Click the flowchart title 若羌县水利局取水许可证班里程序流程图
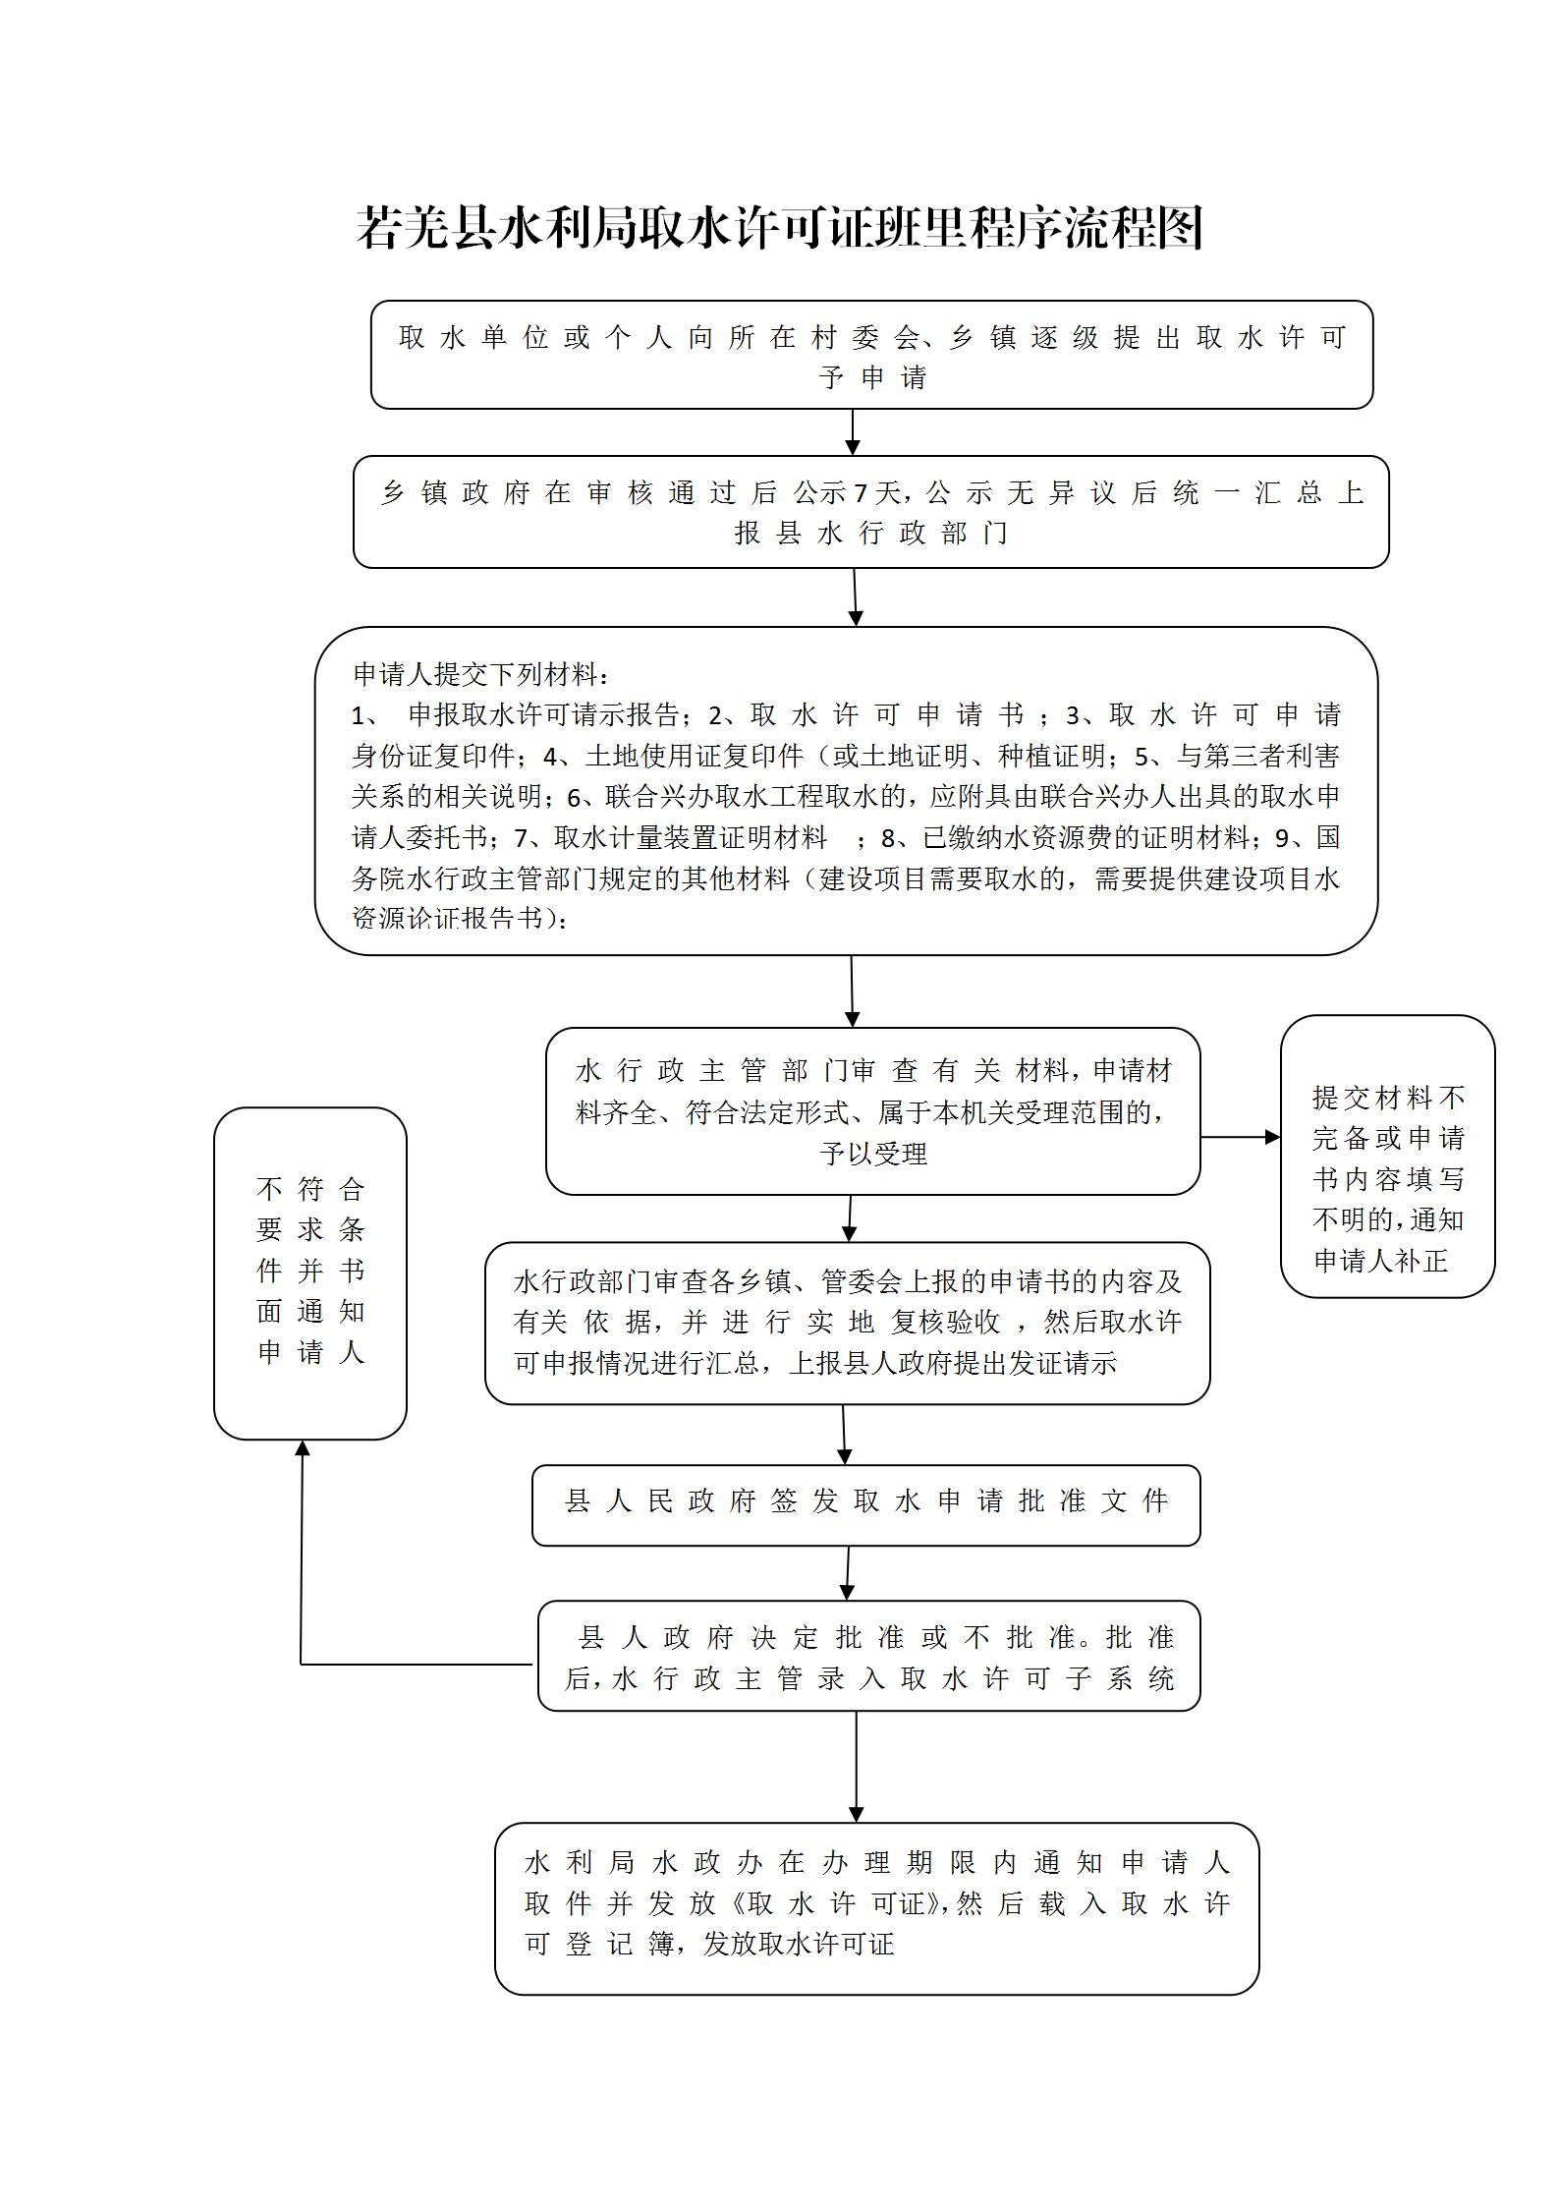click(x=779, y=228)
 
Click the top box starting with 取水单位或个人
click(x=871, y=355)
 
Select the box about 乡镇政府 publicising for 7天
click(x=871, y=512)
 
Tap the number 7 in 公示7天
click(x=861, y=492)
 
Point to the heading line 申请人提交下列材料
click(x=481, y=674)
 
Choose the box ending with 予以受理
click(x=872, y=1111)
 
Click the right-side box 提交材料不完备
click(x=1387, y=1157)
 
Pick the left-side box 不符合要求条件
click(x=310, y=1273)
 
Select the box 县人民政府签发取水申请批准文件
click(x=865, y=1504)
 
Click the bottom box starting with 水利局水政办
click(x=876, y=1908)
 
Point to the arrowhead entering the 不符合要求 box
click(x=303, y=1449)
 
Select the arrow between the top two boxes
click(x=853, y=432)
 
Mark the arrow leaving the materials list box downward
click(x=852, y=990)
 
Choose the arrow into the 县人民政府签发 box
click(x=844, y=1434)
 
